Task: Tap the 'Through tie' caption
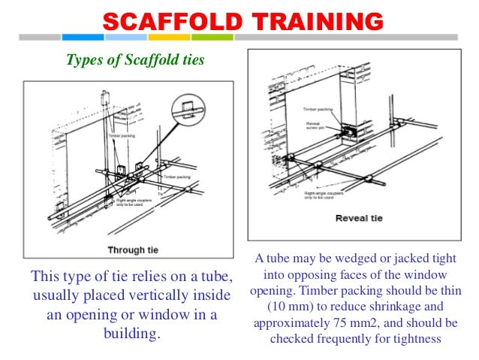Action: pos(131,250)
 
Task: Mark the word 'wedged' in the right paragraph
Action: pos(336,259)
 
